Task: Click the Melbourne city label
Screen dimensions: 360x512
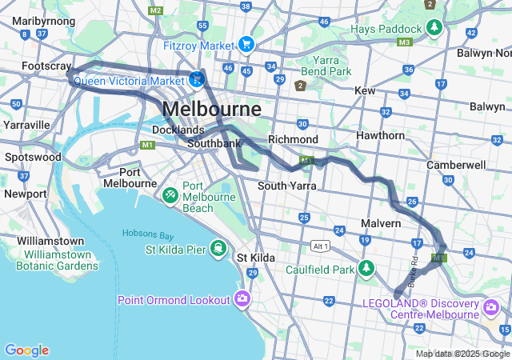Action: (x=211, y=109)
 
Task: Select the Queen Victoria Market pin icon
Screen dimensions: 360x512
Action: (x=197, y=79)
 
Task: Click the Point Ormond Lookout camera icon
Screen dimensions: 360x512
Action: (x=242, y=299)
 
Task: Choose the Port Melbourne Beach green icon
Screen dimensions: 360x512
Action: (x=170, y=194)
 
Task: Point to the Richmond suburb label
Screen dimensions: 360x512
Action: (x=293, y=139)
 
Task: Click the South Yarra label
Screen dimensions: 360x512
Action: (x=287, y=186)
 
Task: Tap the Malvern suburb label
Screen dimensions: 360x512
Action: (x=380, y=223)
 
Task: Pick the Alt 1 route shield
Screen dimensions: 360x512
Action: (x=321, y=245)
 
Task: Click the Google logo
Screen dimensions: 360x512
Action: (x=26, y=350)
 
